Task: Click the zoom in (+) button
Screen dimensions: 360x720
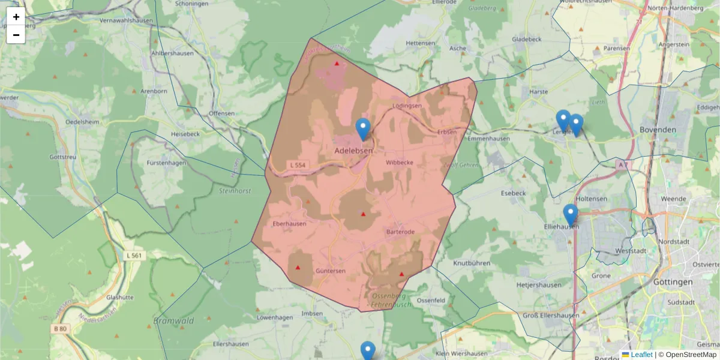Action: (16, 17)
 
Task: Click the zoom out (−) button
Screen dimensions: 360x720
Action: (16, 35)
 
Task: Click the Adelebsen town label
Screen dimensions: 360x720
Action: (353, 151)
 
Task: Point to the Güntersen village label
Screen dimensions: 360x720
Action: (331, 271)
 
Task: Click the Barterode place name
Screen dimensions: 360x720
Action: (400, 232)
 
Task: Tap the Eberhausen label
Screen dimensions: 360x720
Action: (289, 224)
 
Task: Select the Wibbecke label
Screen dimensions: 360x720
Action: (399, 163)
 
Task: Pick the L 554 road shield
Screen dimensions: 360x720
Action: (297, 165)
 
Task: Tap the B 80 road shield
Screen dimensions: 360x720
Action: (59, 329)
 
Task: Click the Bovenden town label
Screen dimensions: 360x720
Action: (658, 130)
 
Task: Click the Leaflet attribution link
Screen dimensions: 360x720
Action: (641, 355)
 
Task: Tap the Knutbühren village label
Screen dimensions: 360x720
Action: (472, 263)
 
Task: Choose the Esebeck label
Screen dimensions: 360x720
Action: (513, 193)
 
